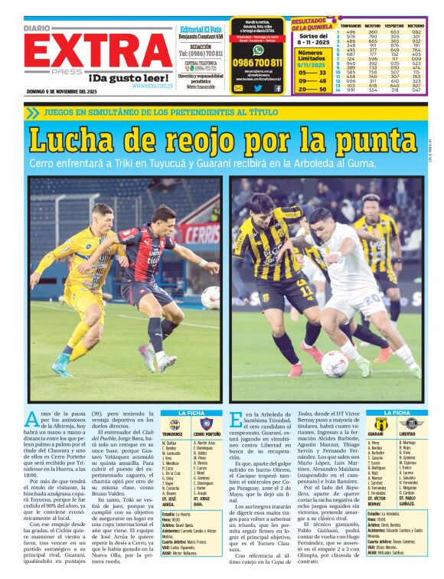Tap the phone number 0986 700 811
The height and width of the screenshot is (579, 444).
257,63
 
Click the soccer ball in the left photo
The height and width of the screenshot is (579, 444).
211,297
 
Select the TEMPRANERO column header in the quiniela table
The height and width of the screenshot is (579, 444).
351,25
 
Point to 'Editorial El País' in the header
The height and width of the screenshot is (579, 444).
201,28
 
